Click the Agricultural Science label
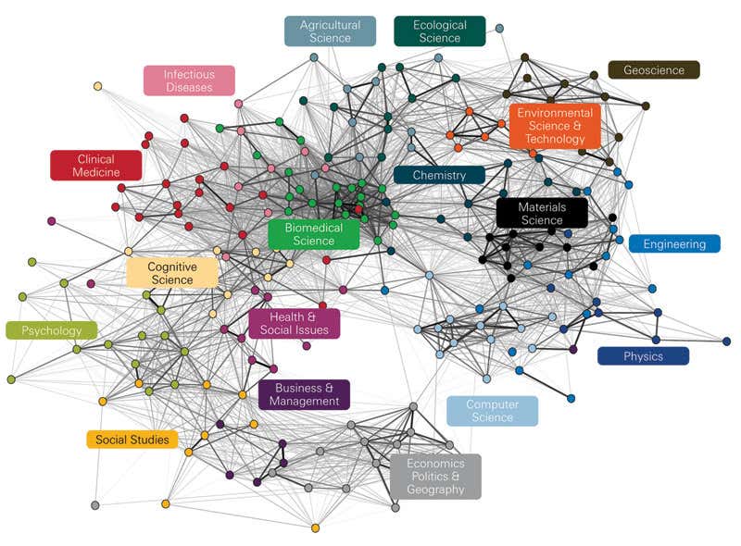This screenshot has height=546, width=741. (330, 31)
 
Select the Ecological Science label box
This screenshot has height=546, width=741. (439, 31)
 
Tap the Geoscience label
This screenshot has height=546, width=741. (654, 69)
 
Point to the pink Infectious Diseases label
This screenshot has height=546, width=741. (189, 81)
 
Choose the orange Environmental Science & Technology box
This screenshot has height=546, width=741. (555, 126)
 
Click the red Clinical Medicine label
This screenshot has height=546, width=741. (96, 166)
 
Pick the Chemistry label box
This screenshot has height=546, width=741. (439, 175)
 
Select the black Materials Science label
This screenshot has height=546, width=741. (542, 213)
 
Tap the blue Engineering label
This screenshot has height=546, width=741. (675, 244)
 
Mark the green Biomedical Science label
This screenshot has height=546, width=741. (314, 234)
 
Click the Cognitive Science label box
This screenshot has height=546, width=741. (172, 273)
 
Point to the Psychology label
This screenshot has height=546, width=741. (52, 330)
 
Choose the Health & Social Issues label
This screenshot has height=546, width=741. (294, 324)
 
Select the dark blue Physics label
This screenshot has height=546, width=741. (643, 356)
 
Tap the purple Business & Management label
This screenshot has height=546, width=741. (304, 394)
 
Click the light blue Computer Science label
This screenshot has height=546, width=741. (492, 411)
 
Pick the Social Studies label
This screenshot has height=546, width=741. (132, 440)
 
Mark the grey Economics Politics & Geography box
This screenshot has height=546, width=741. (435, 477)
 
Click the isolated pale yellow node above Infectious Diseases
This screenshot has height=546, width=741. (97, 86)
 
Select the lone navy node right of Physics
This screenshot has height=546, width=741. (726, 341)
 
